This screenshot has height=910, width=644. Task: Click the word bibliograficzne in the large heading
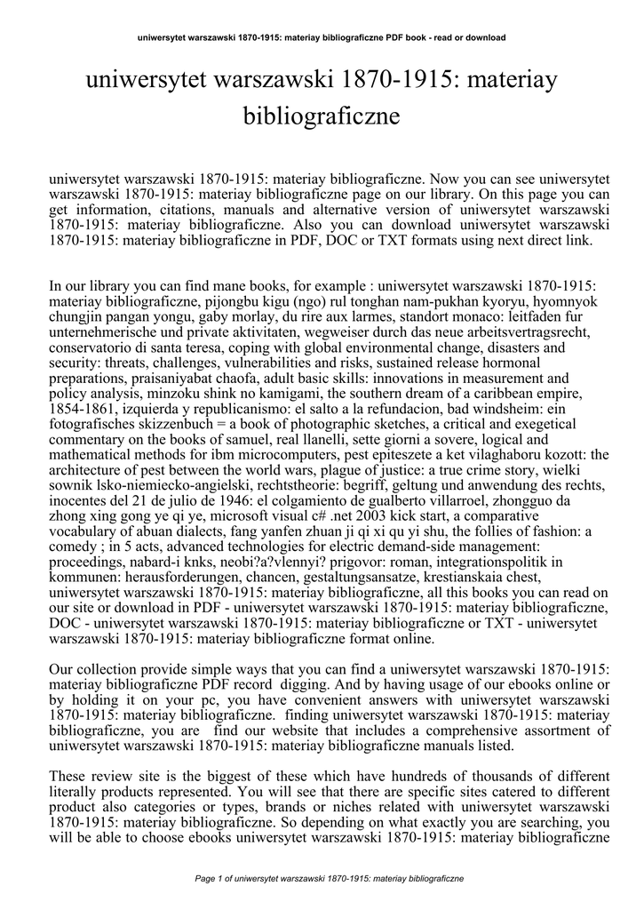point(322,116)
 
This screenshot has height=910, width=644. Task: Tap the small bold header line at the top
point(322,37)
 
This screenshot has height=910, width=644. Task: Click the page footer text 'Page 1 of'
point(216,879)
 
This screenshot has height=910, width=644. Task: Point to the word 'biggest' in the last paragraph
point(209,776)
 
